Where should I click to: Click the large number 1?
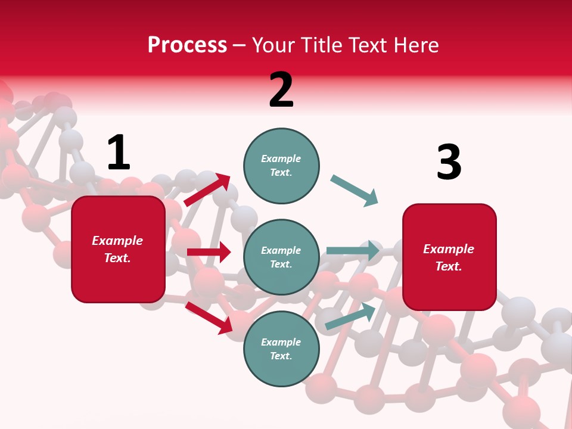(118, 153)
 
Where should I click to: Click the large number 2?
(281, 90)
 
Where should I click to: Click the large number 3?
(449, 162)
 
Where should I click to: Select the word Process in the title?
(187, 45)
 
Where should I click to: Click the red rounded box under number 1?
(118, 249)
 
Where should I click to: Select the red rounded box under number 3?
(449, 257)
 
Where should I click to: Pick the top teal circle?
(281, 166)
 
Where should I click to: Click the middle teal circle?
(281, 257)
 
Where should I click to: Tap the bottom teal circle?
(281, 349)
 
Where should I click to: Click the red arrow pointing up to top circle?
(207, 189)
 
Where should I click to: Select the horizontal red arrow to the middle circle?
(209, 252)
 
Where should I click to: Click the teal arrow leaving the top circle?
(355, 191)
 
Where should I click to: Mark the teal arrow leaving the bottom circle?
(350, 316)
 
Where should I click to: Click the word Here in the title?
(415, 45)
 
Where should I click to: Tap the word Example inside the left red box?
(117, 241)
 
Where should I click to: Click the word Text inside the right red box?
(449, 266)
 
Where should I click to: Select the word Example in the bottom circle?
(281, 342)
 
